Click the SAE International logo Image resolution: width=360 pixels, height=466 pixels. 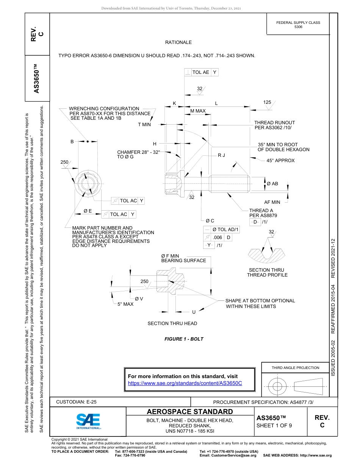pos(88,421)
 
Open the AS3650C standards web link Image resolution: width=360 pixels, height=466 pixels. pos(185,383)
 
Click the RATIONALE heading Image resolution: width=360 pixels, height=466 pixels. pos(178,42)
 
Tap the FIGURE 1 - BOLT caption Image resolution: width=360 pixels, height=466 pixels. pos(184,339)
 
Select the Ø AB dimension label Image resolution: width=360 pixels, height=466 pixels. pos(272,184)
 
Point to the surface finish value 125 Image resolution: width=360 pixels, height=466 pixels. pos(267,102)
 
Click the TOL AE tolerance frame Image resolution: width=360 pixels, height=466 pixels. pos(201,72)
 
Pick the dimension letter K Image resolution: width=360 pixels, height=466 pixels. pos(174,103)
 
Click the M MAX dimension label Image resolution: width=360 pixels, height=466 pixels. pos(198,111)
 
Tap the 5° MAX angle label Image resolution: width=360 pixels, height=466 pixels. pos(125,304)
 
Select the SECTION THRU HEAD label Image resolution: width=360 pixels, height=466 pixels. pos(172,323)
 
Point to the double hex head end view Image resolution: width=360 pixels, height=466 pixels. pos(87,184)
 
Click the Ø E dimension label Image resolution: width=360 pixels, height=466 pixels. pos(88,211)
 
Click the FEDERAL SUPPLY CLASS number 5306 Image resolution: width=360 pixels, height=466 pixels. pos(298,27)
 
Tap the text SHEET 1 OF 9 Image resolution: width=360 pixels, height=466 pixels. pos(274,425)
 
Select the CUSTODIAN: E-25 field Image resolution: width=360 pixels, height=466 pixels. pos(79,402)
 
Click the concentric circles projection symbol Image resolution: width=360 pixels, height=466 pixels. pos(277,386)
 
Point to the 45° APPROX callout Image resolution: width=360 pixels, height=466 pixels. pos(280,161)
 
